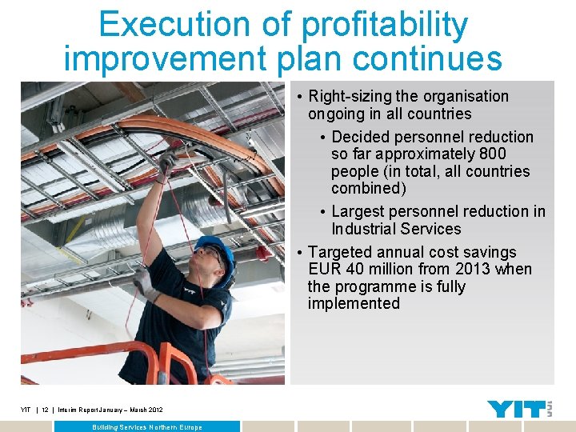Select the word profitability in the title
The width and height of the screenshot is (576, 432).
coord(385,26)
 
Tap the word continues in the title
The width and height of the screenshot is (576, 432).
coord(427,59)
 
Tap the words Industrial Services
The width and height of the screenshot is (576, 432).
coord(396,229)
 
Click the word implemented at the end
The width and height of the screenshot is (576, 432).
coord(354,303)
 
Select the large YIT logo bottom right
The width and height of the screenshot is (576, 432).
coord(515,409)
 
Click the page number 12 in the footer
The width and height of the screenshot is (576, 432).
coord(46,410)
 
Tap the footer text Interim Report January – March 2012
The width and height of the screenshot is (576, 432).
coord(110,410)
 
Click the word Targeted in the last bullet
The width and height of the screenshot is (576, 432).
coord(339,252)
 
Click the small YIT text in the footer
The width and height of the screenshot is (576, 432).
coord(26,410)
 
